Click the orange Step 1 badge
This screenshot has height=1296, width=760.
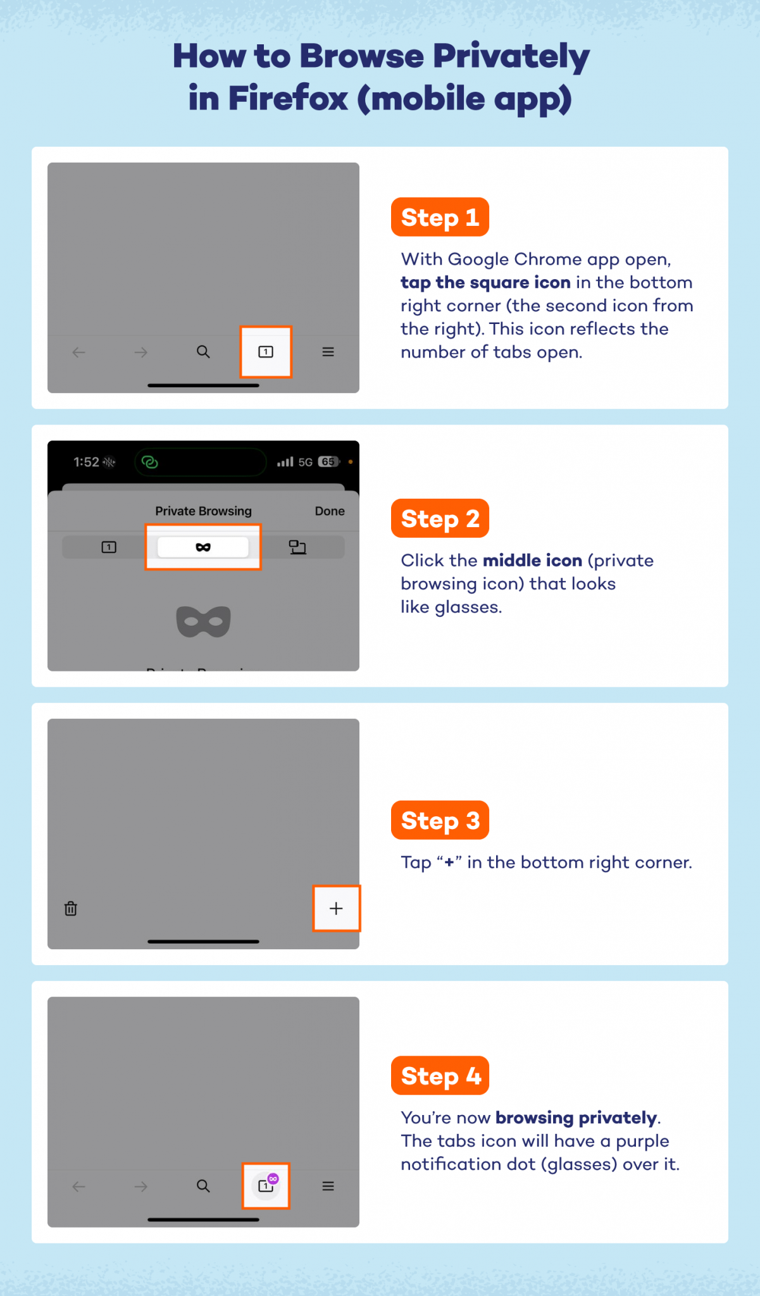pyautogui.click(x=440, y=217)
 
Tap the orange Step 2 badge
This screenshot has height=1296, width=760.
pyautogui.click(x=440, y=518)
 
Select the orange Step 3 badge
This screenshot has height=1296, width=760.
pyautogui.click(x=440, y=820)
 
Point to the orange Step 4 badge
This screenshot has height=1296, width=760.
pyautogui.click(x=440, y=1075)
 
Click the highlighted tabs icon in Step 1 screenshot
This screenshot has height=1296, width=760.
pyautogui.click(x=266, y=352)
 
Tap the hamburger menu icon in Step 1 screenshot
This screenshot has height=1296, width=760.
pyautogui.click(x=328, y=352)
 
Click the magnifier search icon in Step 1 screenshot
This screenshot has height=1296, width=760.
pyautogui.click(x=203, y=352)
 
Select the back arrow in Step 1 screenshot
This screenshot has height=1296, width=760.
pyautogui.click(x=78, y=352)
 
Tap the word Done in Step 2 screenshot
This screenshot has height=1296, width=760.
pyautogui.click(x=330, y=511)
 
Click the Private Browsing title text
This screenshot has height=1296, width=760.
pyautogui.click(x=203, y=511)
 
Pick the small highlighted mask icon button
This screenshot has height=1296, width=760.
pyautogui.click(x=203, y=547)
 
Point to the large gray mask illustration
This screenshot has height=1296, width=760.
pyautogui.click(x=203, y=621)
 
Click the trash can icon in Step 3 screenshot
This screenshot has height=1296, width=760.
pyautogui.click(x=71, y=909)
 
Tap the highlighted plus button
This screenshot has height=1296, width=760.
pyautogui.click(x=336, y=909)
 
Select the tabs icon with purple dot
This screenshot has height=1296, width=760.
pyautogui.click(x=266, y=1186)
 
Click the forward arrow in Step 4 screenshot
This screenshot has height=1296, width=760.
pyautogui.click(x=140, y=1187)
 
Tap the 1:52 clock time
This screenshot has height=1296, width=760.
pyautogui.click(x=86, y=462)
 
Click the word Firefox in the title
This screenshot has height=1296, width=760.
pyautogui.click(x=287, y=99)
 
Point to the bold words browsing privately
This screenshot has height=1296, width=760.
pyautogui.click(x=576, y=1118)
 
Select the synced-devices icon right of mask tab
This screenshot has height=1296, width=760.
pyautogui.click(x=297, y=547)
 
